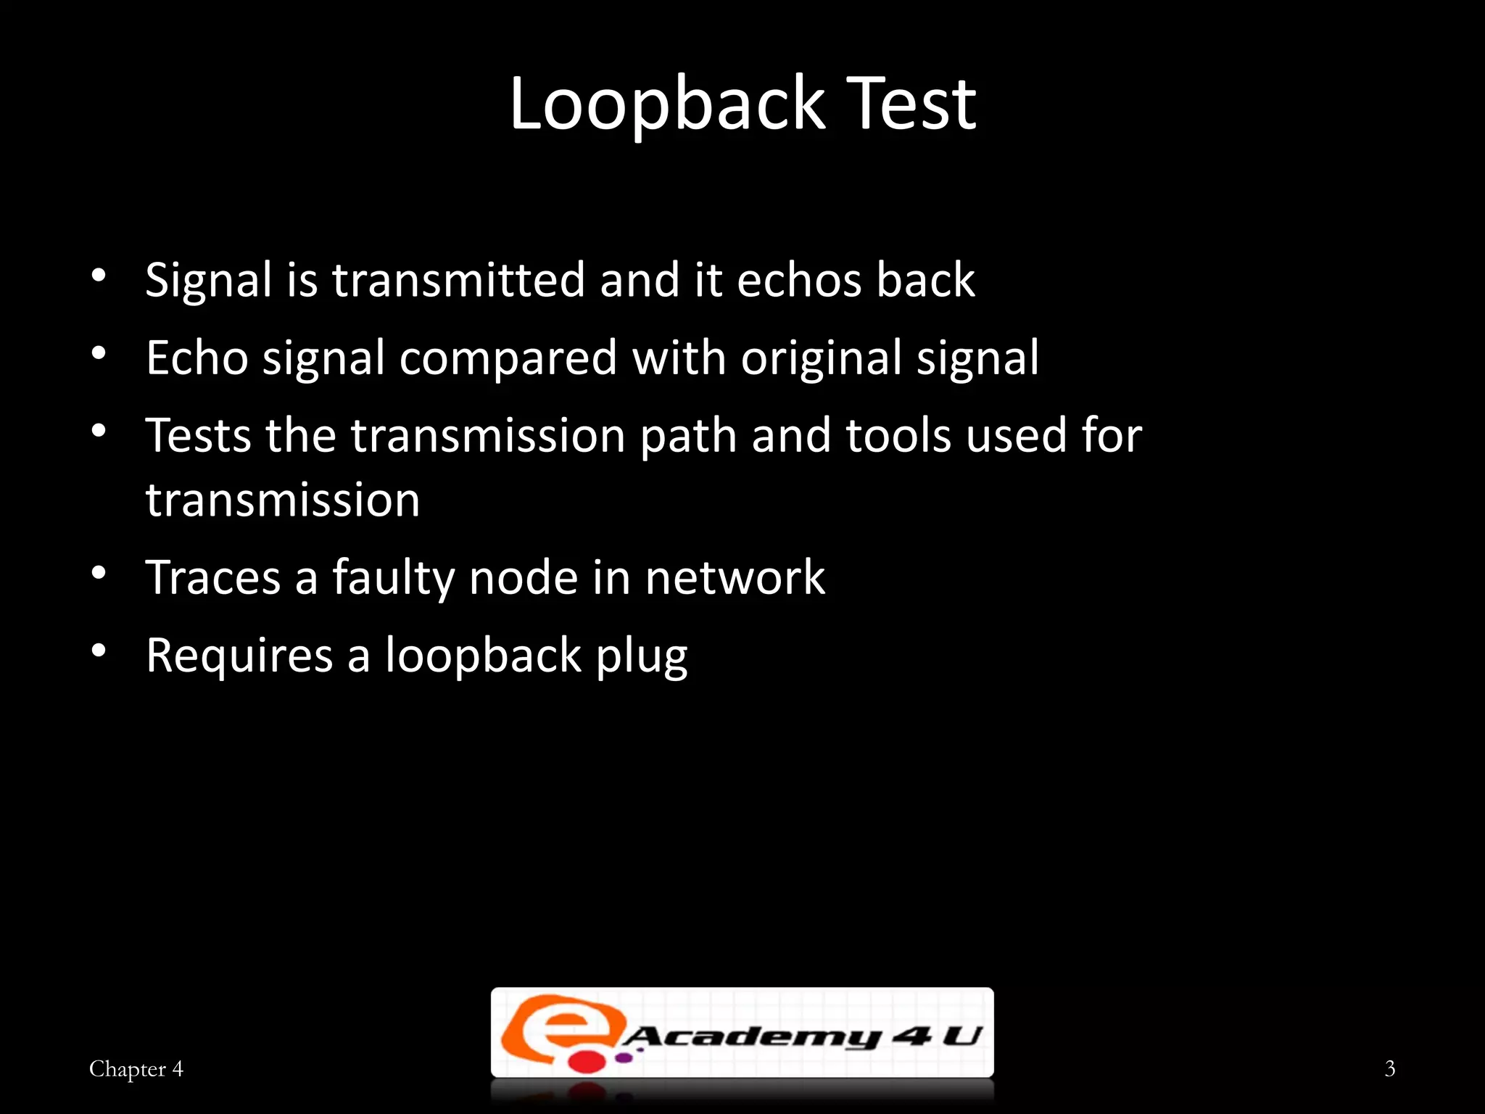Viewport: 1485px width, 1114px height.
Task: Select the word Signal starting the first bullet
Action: point(208,281)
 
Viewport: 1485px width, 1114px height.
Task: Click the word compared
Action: point(508,358)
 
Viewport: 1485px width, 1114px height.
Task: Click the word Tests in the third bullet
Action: point(198,436)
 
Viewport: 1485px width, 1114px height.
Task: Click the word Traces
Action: point(213,578)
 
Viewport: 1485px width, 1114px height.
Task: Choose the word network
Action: point(735,578)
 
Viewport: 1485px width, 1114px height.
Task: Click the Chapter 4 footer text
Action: point(136,1069)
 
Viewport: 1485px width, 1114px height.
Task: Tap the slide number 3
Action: point(1389,1068)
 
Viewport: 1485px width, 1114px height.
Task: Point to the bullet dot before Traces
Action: point(99,573)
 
